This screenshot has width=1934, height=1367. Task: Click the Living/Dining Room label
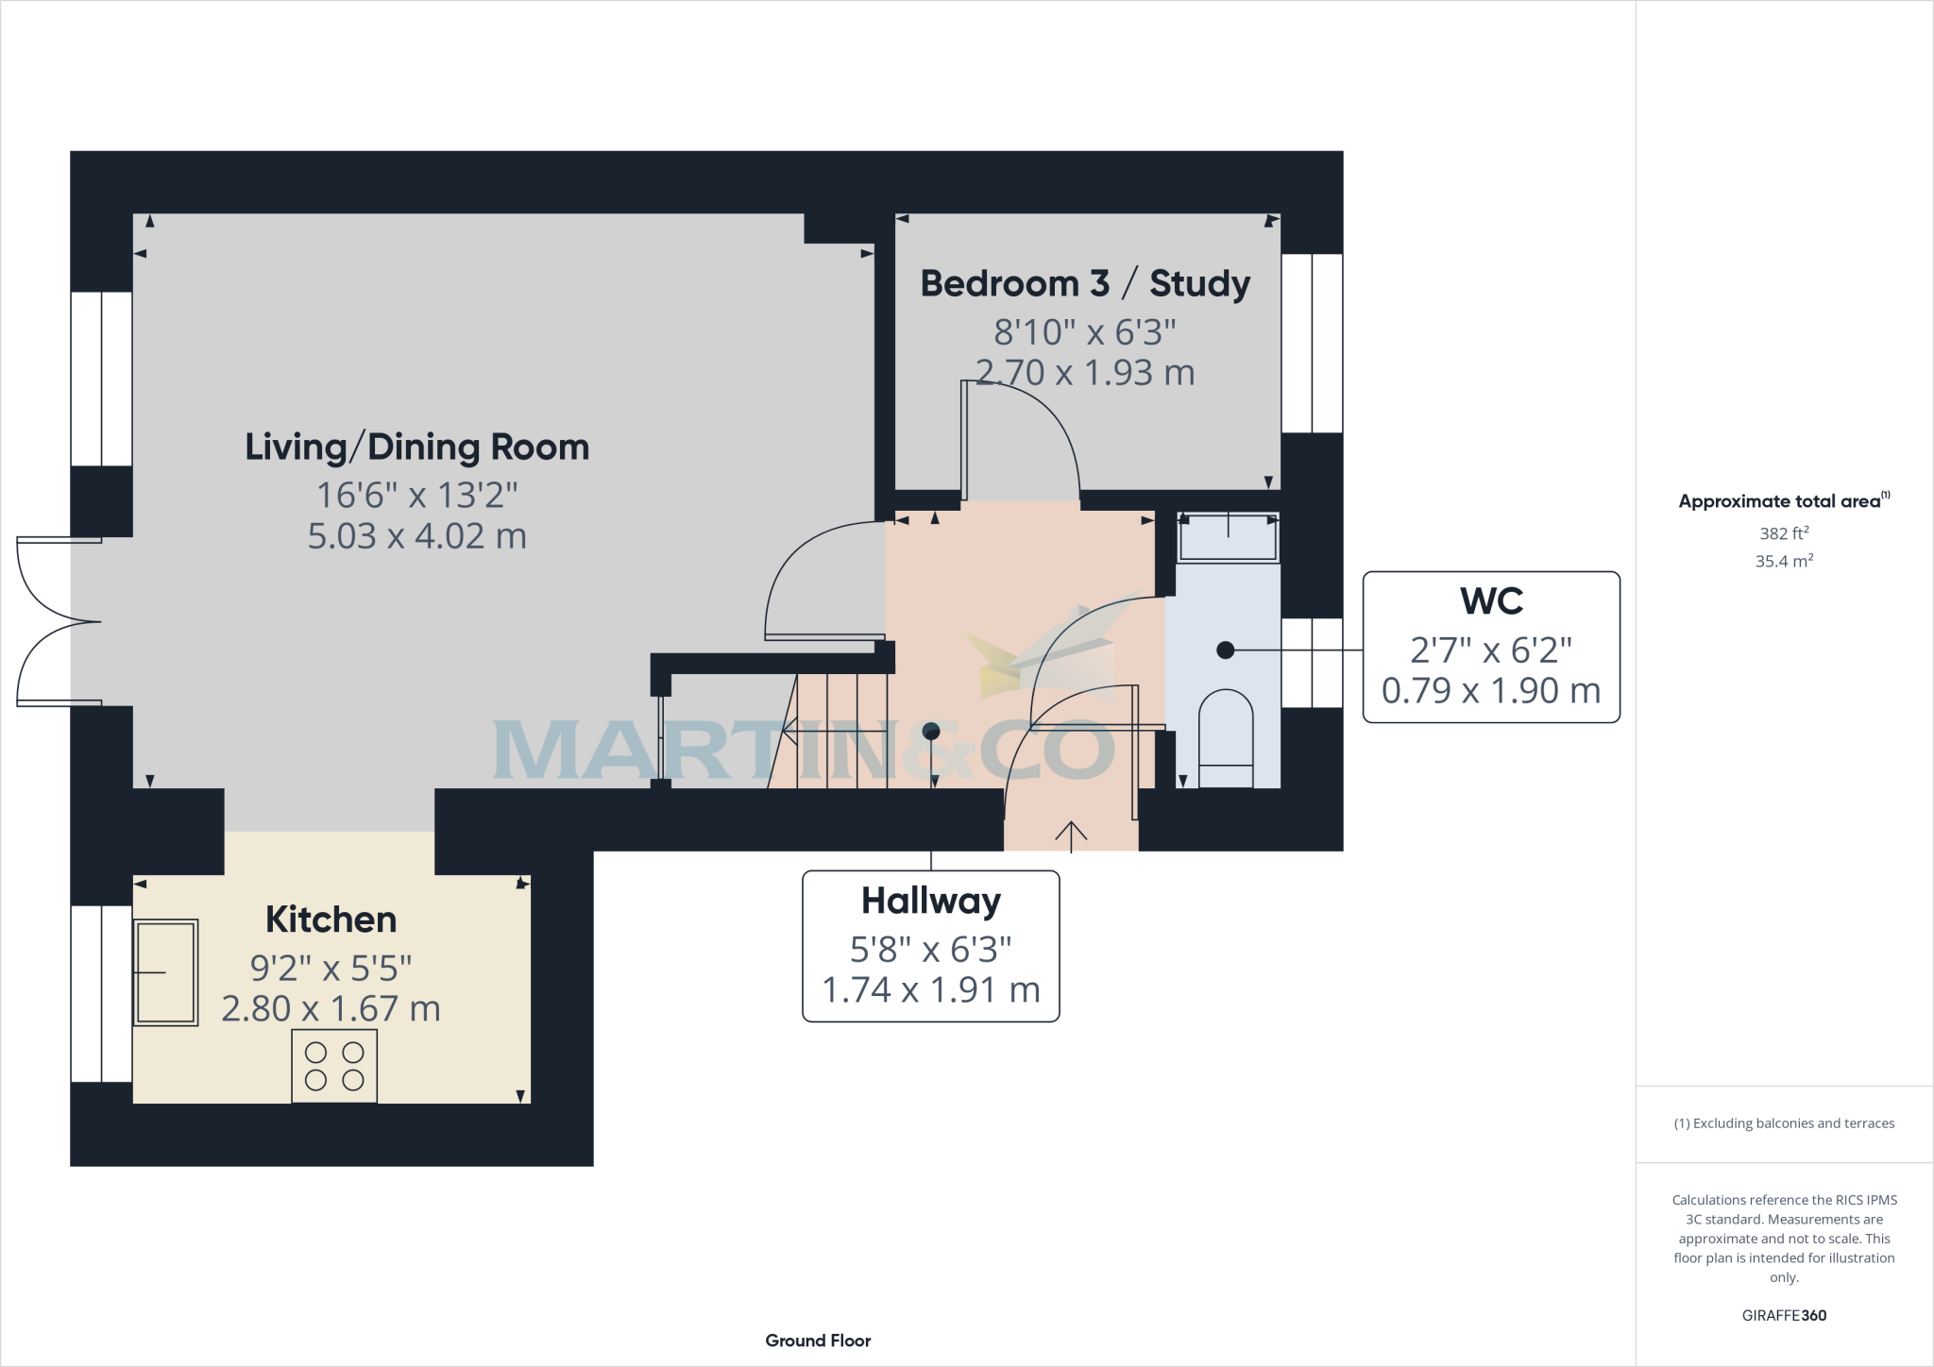coord(416,447)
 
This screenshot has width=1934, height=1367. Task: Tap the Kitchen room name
coord(331,919)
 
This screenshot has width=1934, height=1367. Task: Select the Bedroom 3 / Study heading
coord(1085,283)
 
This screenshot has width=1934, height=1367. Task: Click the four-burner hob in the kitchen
coord(334,1067)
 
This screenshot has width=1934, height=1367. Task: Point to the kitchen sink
coord(167,972)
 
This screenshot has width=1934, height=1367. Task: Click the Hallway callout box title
coord(930,901)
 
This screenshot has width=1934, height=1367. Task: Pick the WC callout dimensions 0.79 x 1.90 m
coord(1491,691)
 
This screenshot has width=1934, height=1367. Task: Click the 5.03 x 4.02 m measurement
coord(416,536)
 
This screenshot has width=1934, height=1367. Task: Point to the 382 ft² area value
coord(1784,533)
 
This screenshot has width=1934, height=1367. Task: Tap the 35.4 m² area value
coord(1784,561)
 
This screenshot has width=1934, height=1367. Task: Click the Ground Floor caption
coord(818,1341)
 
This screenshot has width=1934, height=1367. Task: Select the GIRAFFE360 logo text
coord(1784,1315)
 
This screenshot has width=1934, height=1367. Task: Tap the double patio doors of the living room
coord(57,621)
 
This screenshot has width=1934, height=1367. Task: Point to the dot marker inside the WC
coord(1226,650)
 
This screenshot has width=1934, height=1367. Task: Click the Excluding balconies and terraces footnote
coord(1784,1123)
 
